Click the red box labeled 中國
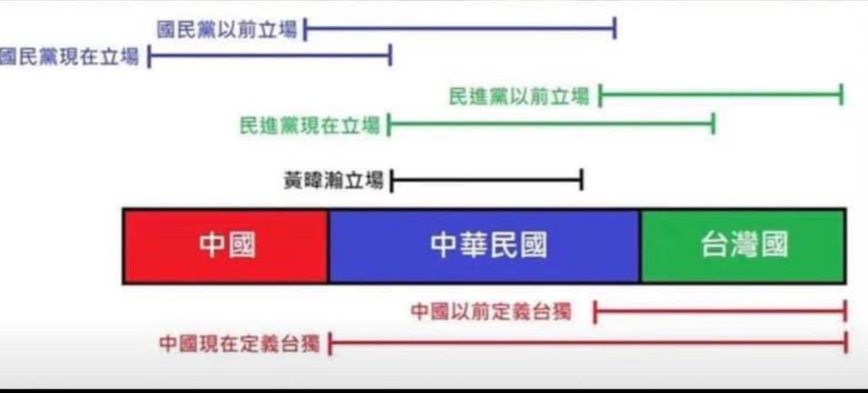[226, 246]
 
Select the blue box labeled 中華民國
[484, 246]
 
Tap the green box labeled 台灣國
[742, 246]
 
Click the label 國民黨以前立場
[227, 30]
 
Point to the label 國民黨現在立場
[69, 56]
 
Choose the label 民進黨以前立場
[519, 95]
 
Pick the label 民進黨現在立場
[310, 126]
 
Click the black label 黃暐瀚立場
[333, 180]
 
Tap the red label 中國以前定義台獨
[491, 312]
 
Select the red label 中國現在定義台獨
[239, 343]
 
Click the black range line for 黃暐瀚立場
[486, 180]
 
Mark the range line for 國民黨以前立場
[459, 30]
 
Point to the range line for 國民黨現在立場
[269, 56]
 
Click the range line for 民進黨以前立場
[720, 95]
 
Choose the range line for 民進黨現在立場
[551, 126]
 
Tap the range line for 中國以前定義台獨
[720, 312]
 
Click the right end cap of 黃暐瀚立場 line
[582, 180]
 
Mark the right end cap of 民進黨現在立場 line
[713, 126]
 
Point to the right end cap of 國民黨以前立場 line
[614, 30]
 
